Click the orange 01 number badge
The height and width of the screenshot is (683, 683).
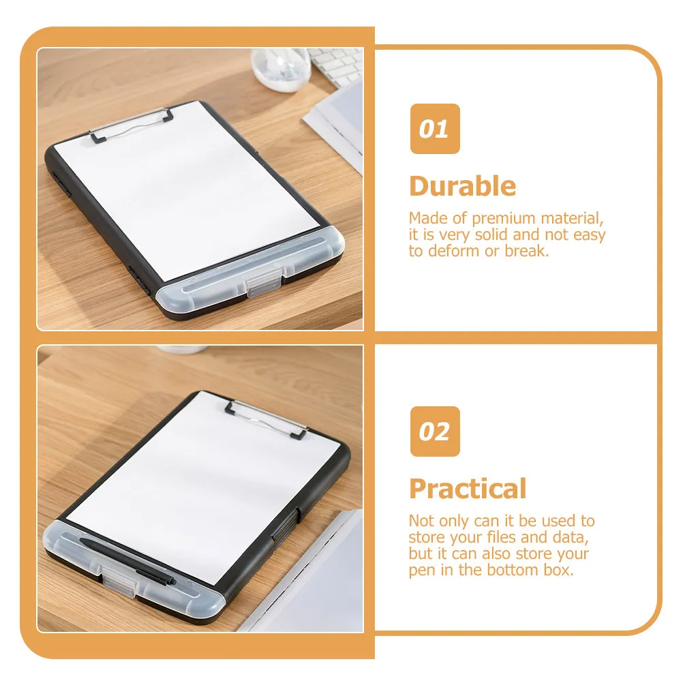[x=434, y=129]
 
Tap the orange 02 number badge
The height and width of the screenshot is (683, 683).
[x=434, y=431]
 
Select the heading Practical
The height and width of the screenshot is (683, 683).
[x=468, y=489]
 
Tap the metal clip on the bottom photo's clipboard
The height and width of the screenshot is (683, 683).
[x=266, y=417]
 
